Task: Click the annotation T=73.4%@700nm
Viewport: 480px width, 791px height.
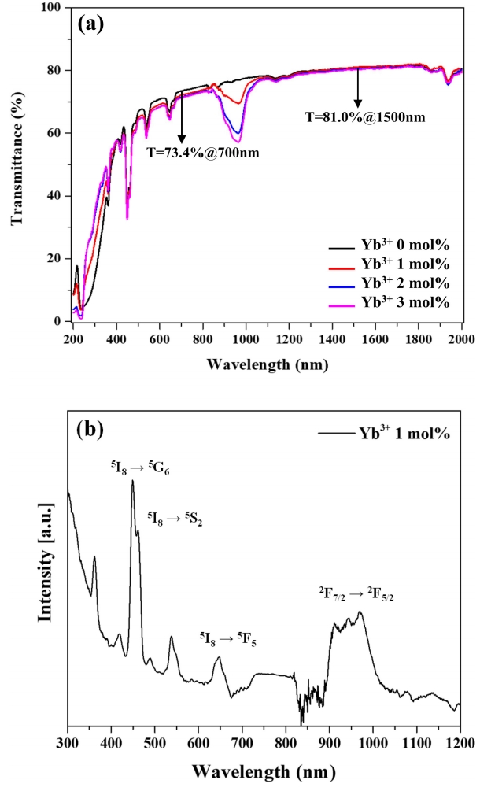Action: tap(202, 153)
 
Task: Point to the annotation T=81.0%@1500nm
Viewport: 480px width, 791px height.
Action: tap(365, 117)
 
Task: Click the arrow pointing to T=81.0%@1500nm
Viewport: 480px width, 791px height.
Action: tap(358, 88)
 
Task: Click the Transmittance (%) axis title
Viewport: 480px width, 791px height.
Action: tap(17, 164)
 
